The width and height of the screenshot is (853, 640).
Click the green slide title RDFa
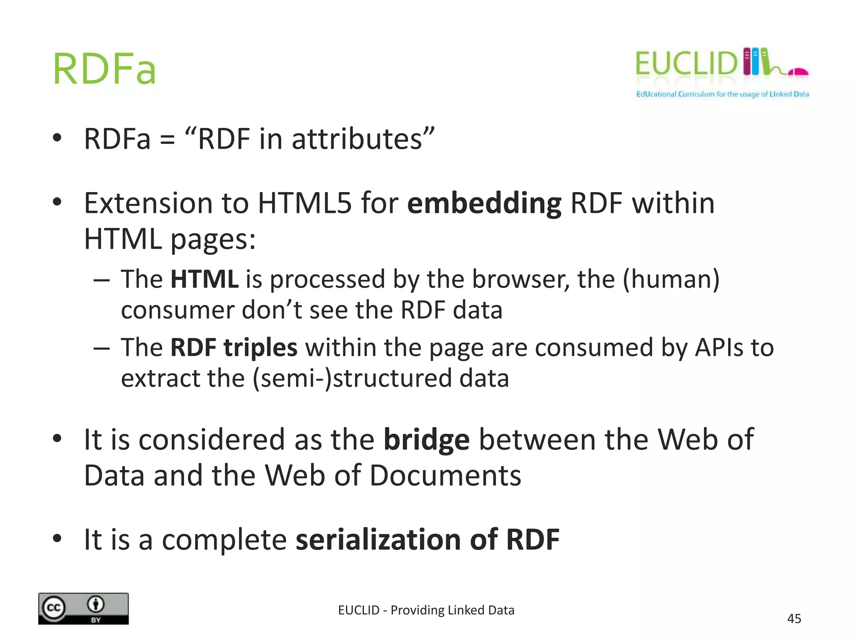(104, 69)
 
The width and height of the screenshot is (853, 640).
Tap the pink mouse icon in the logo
(798, 72)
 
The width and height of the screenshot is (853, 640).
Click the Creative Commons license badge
(83, 608)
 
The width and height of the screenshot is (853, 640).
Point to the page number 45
(794, 619)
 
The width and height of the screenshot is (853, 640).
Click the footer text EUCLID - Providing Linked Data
(426, 610)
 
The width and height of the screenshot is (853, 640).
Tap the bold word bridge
(426, 440)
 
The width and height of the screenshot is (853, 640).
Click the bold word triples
(260, 347)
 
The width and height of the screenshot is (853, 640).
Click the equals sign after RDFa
(167, 140)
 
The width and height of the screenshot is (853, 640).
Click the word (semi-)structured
(352, 378)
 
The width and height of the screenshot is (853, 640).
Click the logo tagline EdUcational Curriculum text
(722, 94)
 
